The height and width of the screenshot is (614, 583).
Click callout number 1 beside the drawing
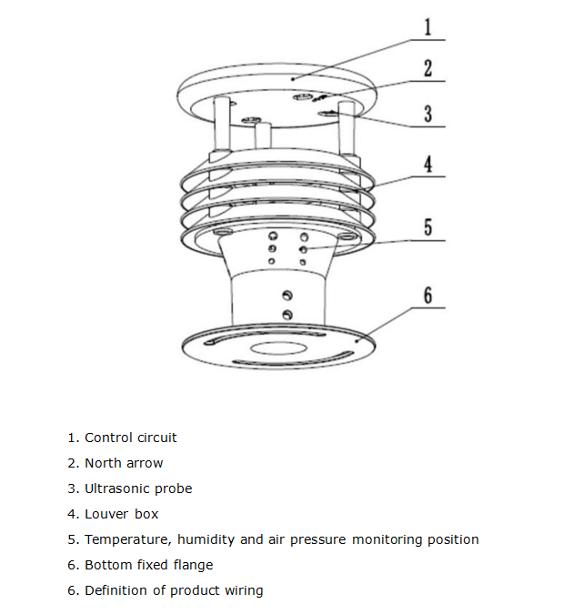[x=427, y=25]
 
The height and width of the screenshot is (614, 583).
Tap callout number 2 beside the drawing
[x=427, y=69]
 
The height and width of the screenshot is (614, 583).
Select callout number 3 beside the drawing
[x=427, y=115]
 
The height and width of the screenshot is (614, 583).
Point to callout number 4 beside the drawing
[x=427, y=165]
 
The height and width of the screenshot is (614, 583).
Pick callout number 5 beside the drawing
[x=427, y=226]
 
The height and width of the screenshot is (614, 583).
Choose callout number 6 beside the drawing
[x=427, y=295]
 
